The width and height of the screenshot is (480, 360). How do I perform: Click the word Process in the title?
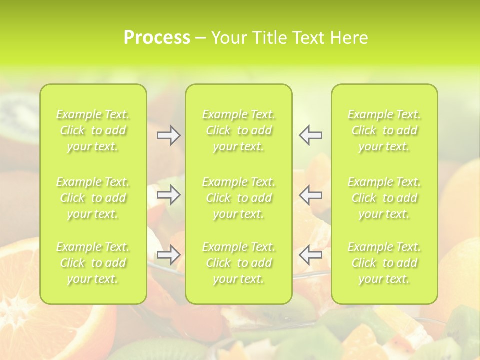[x=157, y=38]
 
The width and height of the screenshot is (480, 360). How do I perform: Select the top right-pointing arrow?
[x=169, y=135]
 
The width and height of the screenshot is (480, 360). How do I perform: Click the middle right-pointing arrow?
[x=169, y=195]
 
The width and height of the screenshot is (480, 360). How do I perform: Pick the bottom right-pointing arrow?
[x=169, y=255]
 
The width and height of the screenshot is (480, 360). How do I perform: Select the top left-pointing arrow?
[x=310, y=135]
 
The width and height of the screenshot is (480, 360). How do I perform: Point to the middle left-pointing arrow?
[x=310, y=195]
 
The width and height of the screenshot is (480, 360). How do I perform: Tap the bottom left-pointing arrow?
[x=310, y=255]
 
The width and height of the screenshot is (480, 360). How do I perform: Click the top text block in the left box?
[x=93, y=130]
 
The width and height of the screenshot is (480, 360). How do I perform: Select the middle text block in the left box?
[x=93, y=198]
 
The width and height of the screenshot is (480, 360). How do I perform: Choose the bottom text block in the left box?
[x=93, y=263]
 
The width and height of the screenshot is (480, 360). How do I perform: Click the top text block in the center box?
[x=239, y=130]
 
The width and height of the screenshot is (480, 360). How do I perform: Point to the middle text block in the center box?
[x=239, y=198]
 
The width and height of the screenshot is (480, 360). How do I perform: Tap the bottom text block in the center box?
[x=239, y=263]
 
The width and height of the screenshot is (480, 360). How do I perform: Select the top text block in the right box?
[x=384, y=130]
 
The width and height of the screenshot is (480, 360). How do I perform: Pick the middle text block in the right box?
[x=384, y=198]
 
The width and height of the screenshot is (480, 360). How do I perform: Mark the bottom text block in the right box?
[x=384, y=263]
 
